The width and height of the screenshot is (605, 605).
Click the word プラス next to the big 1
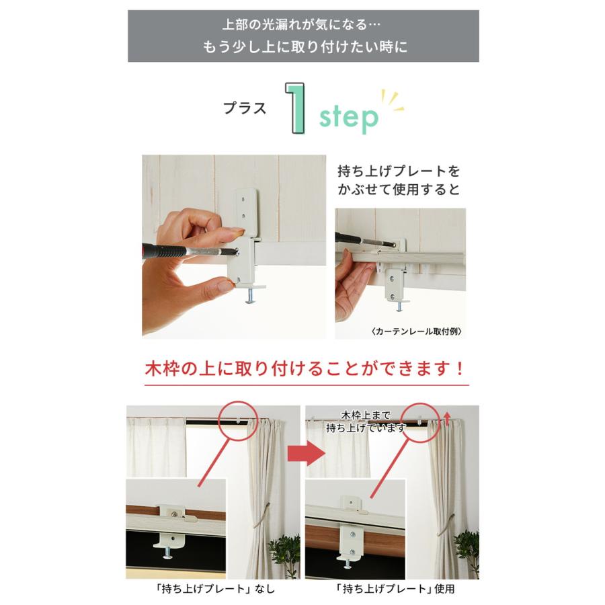tap(245, 107)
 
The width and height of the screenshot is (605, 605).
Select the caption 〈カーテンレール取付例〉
tap(416, 331)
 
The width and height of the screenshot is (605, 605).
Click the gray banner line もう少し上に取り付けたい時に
tap(305, 48)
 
